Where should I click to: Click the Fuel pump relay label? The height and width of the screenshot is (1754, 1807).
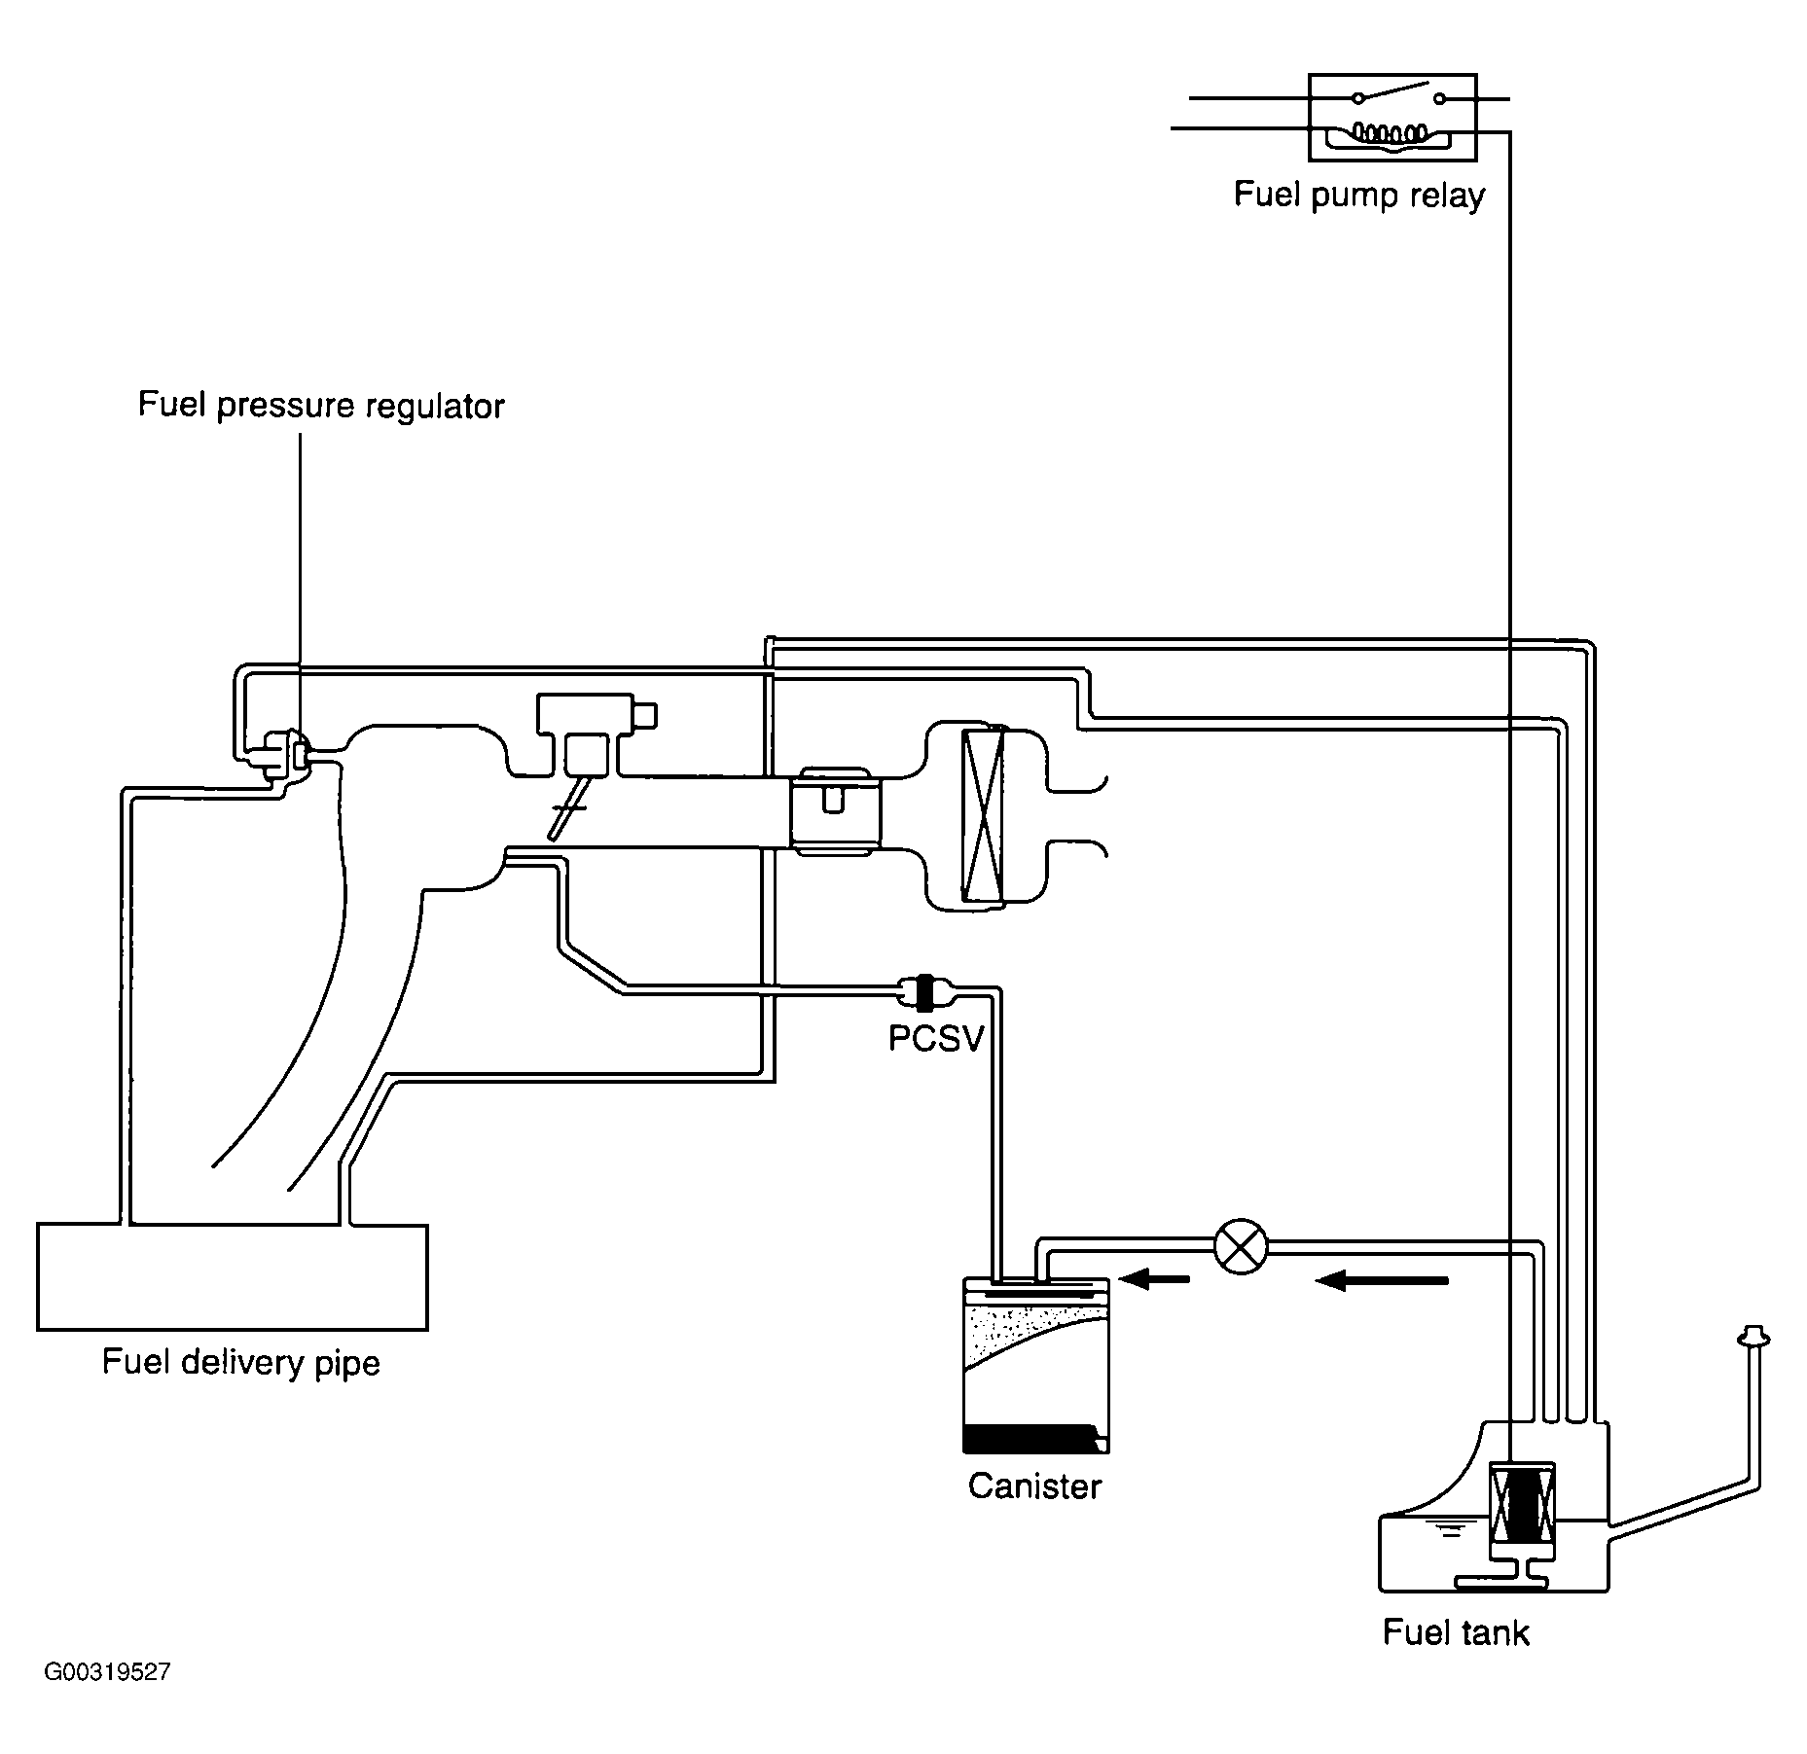click(x=1359, y=196)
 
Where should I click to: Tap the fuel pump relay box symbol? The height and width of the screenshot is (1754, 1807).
click(x=1392, y=117)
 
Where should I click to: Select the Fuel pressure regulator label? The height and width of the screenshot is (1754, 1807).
click(x=321, y=406)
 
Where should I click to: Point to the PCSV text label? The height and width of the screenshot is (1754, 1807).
click(x=936, y=1039)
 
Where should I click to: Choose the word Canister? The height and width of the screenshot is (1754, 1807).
click(x=1034, y=1486)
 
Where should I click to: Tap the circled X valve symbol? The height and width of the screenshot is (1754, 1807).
click(x=1242, y=1246)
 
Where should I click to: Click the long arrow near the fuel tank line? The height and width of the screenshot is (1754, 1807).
click(x=1382, y=1281)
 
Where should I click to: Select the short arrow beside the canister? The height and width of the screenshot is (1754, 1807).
click(x=1154, y=1279)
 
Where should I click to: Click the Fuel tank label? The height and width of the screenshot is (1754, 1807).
click(x=1456, y=1631)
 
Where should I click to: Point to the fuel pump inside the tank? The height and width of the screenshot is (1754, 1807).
click(x=1522, y=1515)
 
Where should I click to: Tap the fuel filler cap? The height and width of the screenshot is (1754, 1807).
click(x=1753, y=1338)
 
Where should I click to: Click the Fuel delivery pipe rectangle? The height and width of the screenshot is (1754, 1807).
click(x=233, y=1276)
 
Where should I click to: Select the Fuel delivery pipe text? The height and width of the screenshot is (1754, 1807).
click(x=241, y=1363)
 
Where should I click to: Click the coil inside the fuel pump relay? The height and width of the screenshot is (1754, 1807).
click(x=1392, y=131)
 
